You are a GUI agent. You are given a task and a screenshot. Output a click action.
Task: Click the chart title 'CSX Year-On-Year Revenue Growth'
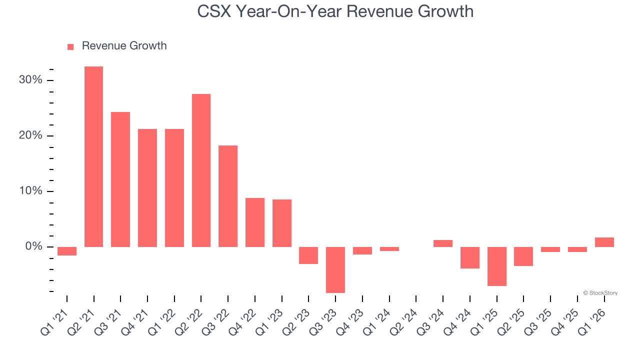pyautogui.click(x=335, y=11)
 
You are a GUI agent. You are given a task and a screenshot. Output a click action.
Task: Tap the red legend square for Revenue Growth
pyautogui.click(x=70, y=46)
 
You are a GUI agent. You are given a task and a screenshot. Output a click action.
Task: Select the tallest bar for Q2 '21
pyautogui.click(x=93, y=156)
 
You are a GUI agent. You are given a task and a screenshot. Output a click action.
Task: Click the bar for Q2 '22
pyautogui.click(x=201, y=170)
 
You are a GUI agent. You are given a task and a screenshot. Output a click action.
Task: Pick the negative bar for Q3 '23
pyautogui.click(x=335, y=269)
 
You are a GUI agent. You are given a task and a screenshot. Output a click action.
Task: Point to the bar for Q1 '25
pyautogui.click(x=496, y=266)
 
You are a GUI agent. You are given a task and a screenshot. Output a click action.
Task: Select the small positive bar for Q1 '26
pyautogui.click(x=604, y=242)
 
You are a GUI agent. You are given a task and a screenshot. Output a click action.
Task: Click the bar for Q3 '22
pyautogui.click(x=228, y=196)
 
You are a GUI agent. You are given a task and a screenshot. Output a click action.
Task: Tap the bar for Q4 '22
pyautogui.click(x=255, y=222)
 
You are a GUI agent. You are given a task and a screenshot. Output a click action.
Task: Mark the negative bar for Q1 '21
pyautogui.click(x=67, y=251)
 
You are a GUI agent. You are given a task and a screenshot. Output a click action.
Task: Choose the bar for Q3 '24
pyautogui.click(x=443, y=243)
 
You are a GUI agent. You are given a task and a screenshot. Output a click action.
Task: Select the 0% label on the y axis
pyautogui.click(x=34, y=247)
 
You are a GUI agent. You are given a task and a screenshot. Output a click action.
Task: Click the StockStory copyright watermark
pyautogui.click(x=600, y=293)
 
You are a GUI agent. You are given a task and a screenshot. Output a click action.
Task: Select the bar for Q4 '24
pyautogui.click(x=470, y=257)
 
